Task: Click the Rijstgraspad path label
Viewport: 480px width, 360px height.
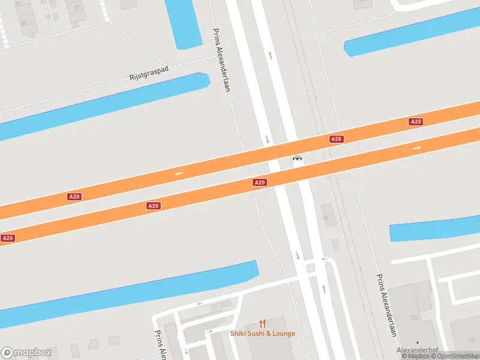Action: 149,74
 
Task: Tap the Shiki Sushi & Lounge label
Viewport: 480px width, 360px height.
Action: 263,334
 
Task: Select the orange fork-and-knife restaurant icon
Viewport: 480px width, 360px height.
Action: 262,324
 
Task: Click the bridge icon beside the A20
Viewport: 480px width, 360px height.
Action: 296,159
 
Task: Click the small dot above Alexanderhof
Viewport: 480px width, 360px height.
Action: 418,342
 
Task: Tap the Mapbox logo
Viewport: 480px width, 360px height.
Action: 26,352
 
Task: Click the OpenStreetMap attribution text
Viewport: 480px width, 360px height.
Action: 458,356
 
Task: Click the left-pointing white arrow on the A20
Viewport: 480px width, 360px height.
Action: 179,174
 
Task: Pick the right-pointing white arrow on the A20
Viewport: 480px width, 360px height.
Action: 416,148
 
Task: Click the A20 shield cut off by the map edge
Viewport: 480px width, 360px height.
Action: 7,238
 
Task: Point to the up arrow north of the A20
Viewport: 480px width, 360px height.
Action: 271,55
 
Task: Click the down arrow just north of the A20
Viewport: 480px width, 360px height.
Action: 267,140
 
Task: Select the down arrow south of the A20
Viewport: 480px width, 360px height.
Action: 298,256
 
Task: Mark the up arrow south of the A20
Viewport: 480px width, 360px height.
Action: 324,289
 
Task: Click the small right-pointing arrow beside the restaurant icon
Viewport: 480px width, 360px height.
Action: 209,331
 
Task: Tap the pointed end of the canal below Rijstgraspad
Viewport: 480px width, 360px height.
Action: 208,79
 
